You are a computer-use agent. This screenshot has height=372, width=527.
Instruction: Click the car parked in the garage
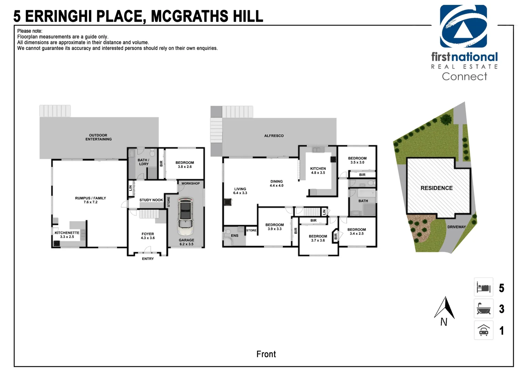coord(185,216)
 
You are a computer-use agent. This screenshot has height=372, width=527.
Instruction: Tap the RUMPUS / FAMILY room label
coord(90,200)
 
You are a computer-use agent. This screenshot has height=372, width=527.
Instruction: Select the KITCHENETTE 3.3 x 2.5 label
coord(67,235)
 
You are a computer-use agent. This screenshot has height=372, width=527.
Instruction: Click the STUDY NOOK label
coord(151,200)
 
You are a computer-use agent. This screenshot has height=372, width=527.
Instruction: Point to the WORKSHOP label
coord(190,183)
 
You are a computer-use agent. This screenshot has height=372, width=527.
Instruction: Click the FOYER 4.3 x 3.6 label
coord(148,236)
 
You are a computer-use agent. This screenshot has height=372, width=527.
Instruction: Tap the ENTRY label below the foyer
coord(148,259)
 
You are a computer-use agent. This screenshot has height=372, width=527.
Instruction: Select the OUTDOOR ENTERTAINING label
coord(98,137)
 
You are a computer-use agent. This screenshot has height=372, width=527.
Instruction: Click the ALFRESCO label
coord(274,136)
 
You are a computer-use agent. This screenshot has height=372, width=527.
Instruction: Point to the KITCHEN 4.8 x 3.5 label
coord(318,170)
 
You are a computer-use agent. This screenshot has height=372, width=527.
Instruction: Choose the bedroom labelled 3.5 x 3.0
coord(357,160)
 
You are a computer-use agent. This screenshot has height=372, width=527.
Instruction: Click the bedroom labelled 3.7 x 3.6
coord(318,238)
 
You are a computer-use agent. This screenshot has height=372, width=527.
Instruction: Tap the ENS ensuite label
coord(235,236)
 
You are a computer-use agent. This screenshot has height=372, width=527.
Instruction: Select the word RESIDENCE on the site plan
coord(436,188)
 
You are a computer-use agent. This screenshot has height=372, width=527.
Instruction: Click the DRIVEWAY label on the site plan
coord(456,227)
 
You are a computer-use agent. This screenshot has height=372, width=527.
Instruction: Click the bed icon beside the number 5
coord(483,287)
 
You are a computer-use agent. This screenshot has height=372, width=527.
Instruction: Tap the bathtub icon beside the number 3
coord(483,309)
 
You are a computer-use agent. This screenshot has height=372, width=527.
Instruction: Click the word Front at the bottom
coord(266,354)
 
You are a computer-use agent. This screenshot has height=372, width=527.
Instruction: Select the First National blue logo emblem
coord(463,27)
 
